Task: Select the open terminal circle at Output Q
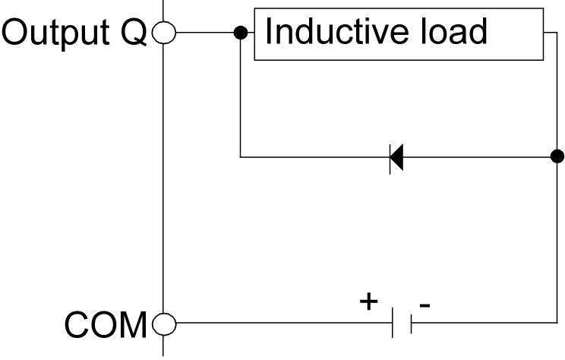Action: click(163, 33)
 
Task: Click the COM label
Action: click(105, 325)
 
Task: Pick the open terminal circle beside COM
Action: click(163, 325)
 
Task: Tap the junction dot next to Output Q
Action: click(241, 33)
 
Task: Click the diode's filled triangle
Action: click(396, 158)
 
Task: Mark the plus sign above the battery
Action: click(369, 302)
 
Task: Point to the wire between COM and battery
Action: click(281, 325)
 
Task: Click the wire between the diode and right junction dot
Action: click(478, 158)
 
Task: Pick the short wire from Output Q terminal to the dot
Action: click(205, 33)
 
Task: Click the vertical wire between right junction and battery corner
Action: click(557, 243)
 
